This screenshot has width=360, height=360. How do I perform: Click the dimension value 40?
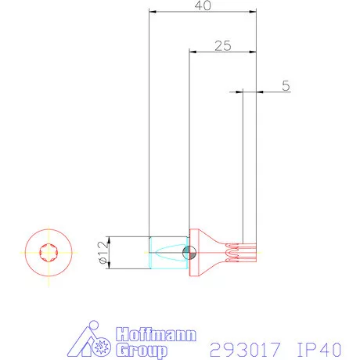pos(203,5)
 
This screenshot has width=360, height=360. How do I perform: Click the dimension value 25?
pos(222,45)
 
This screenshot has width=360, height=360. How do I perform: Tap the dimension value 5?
pos(286,85)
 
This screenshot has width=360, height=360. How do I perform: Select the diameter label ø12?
pos(102,254)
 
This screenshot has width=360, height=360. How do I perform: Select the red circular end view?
pos(46,253)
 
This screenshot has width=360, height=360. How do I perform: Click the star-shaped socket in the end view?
pos(46,253)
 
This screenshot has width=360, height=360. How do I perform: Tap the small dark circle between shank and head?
pos(188,252)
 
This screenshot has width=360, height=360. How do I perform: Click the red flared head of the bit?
pos(207,253)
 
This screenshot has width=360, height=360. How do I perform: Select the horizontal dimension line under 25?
pos(222,52)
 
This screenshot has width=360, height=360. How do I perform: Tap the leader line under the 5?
pos(266,92)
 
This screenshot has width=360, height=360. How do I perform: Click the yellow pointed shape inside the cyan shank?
pos(167,253)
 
